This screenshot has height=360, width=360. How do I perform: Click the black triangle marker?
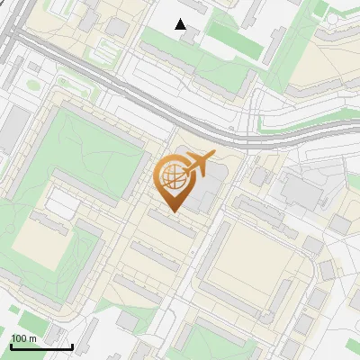[181, 24]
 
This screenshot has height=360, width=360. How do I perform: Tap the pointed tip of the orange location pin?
[172, 211]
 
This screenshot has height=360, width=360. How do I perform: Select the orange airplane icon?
[198, 164]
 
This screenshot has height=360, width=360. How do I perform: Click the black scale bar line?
[41, 346]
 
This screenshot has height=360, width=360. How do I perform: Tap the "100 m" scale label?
[23, 338]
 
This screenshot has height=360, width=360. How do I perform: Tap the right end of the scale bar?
[72, 346]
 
